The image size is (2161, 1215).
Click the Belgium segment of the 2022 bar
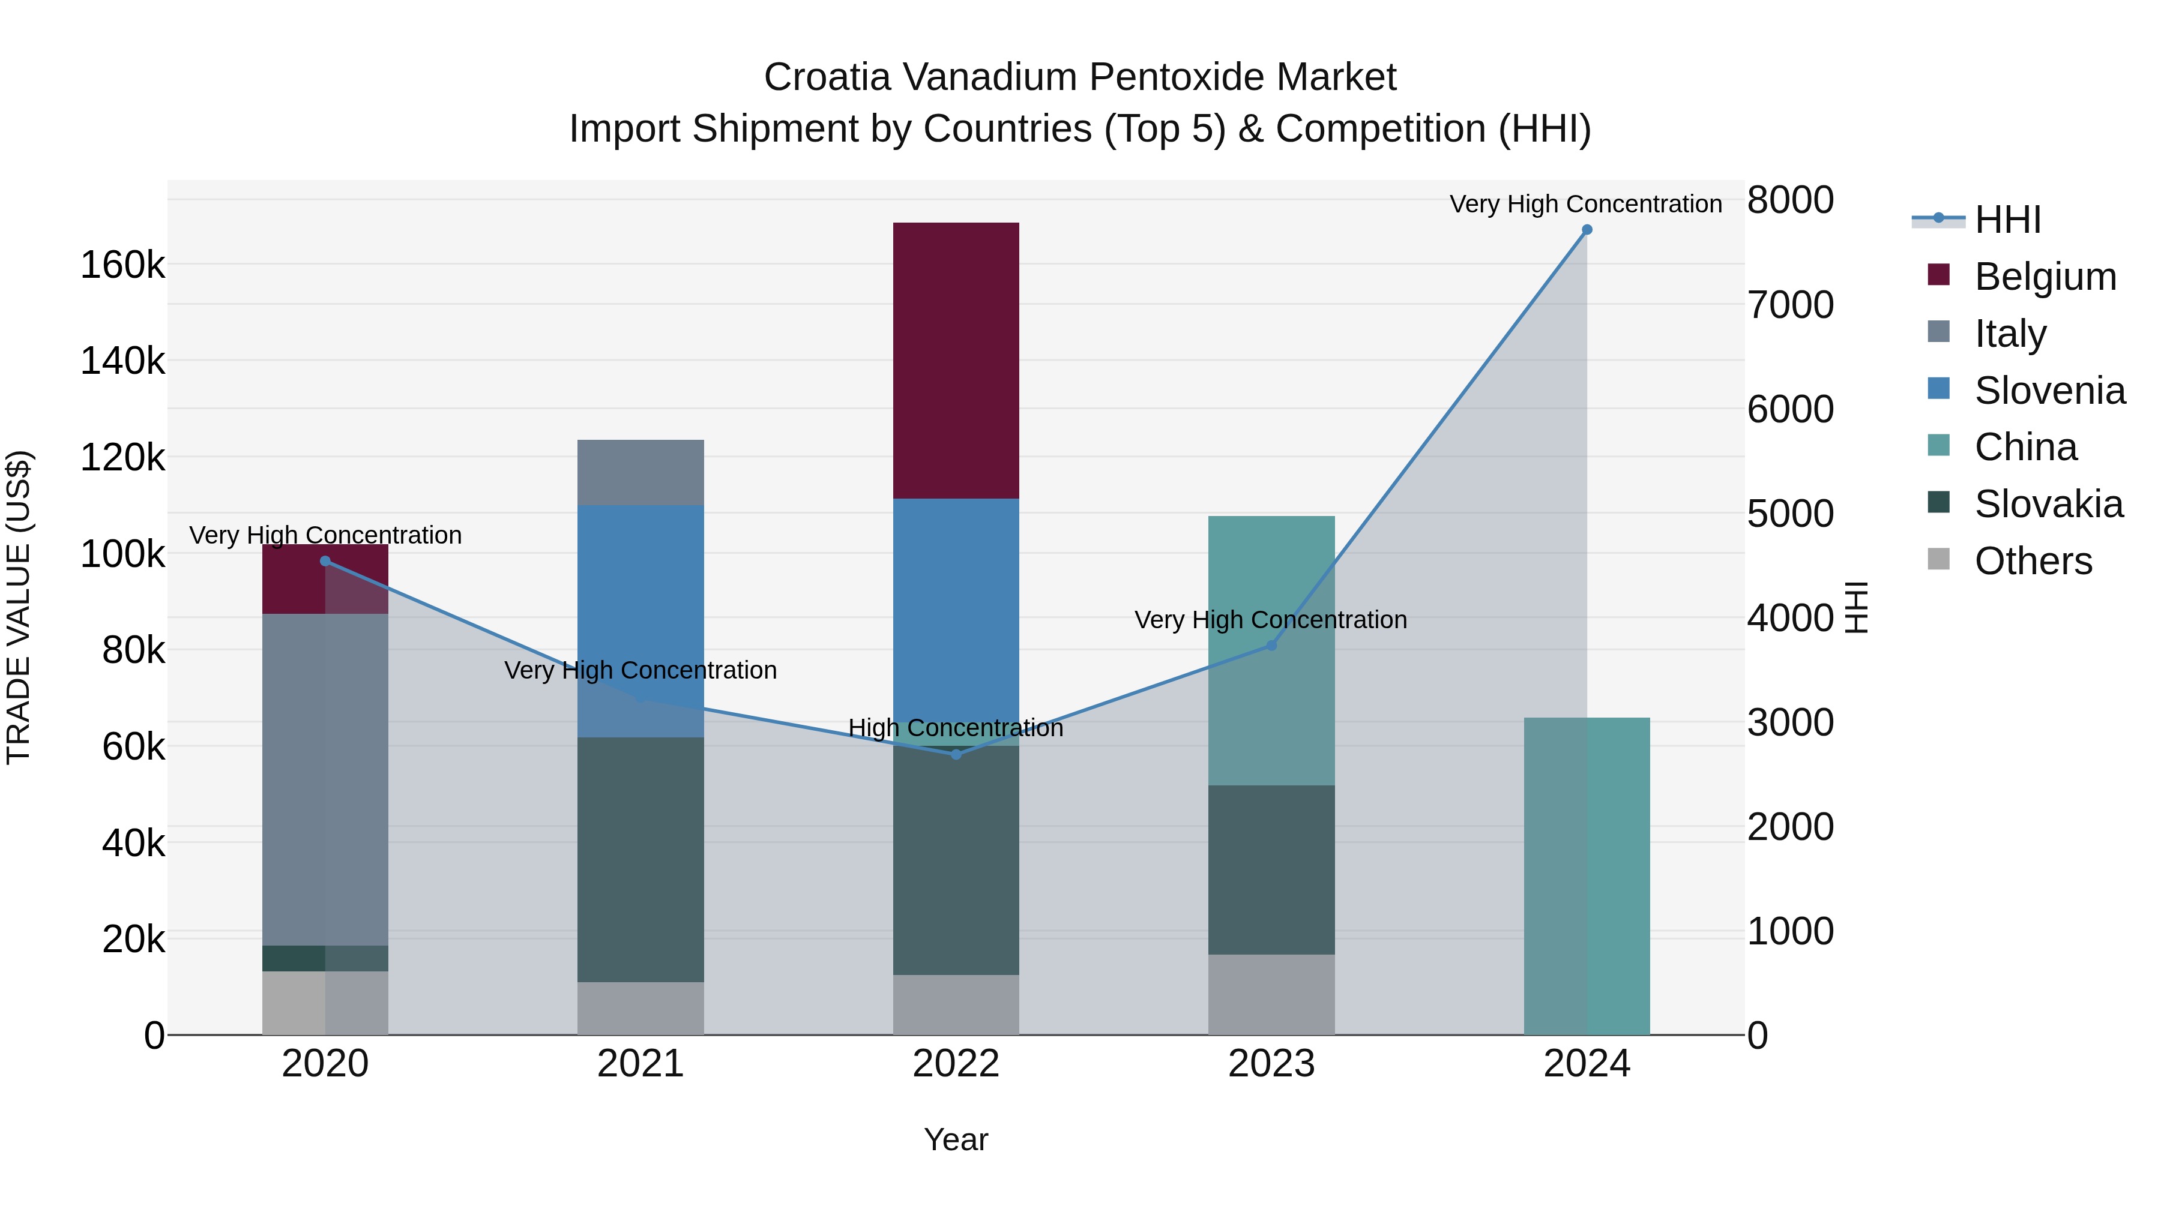[x=956, y=361]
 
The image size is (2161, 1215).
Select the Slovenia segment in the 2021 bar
[x=640, y=620]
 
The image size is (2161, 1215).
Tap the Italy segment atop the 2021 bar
[x=640, y=472]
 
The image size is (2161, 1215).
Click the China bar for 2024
[x=1587, y=876]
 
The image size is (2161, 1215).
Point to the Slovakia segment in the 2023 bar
[x=1271, y=869]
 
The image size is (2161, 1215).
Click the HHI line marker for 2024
[x=1587, y=230]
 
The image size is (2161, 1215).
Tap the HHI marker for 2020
[x=325, y=561]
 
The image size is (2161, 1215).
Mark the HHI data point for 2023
[x=1271, y=646]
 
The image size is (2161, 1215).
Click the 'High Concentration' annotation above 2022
[x=956, y=728]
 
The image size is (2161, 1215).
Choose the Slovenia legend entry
[x=2049, y=391]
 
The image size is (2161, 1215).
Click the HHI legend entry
[x=2007, y=220]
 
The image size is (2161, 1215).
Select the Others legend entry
[x=2033, y=561]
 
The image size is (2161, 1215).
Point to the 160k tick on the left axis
[x=122, y=266]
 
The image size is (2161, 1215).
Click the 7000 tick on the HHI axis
[x=1790, y=305]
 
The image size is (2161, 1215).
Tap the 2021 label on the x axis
[x=640, y=1064]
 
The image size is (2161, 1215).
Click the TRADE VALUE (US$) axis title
[x=19, y=607]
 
